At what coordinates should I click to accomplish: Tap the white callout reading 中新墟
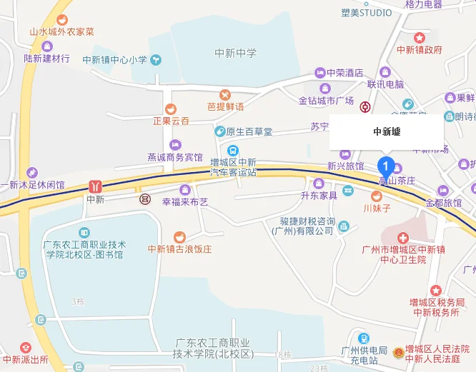point(386,131)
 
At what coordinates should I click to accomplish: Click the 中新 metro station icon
point(95,186)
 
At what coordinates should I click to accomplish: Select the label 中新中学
point(235,54)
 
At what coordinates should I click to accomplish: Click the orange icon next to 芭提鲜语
point(225,94)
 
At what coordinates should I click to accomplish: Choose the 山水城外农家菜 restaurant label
point(61,32)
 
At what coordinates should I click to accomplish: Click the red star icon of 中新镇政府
point(420,37)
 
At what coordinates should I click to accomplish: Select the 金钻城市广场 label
point(327,100)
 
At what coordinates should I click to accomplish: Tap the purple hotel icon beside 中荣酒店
point(321,72)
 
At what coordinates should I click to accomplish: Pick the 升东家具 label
point(319,195)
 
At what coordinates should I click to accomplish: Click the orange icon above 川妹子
point(377,196)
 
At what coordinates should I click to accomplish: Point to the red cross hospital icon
point(403,236)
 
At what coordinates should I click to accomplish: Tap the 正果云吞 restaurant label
point(171,121)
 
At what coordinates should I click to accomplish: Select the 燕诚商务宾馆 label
point(175,157)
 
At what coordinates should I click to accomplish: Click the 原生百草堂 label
point(249,131)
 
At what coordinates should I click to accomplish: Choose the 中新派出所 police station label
point(25,358)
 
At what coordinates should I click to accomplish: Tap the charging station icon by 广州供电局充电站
point(364,338)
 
